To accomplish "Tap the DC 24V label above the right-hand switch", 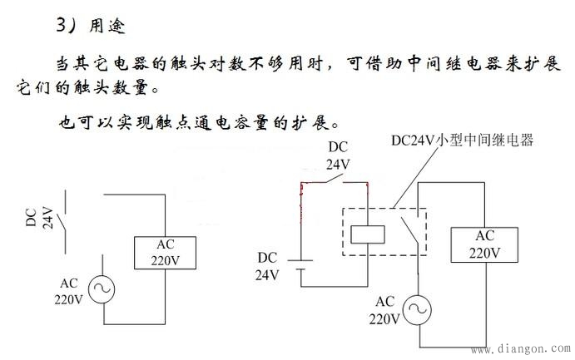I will tap(338, 156).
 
